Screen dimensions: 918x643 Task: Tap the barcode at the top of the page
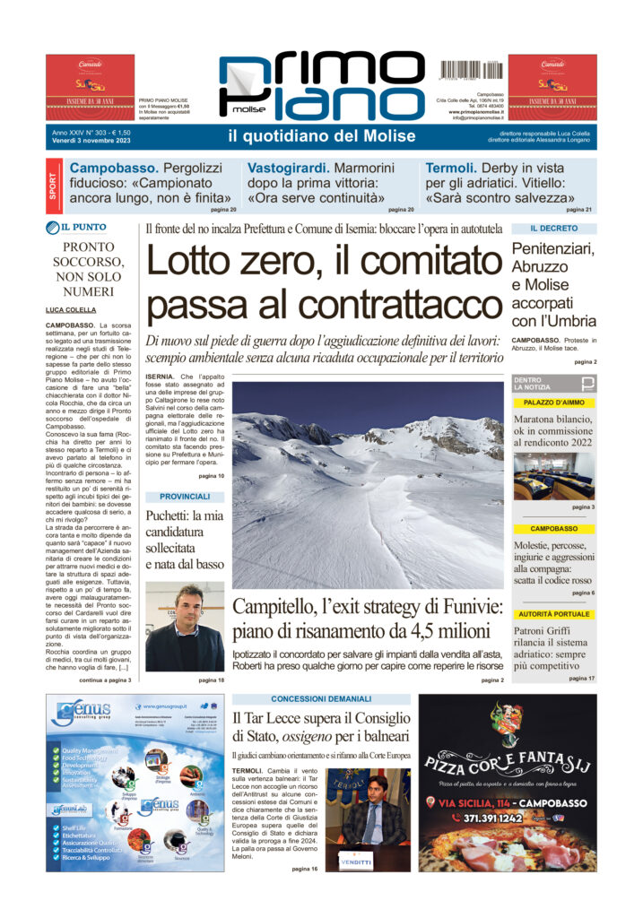[x=472, y=69]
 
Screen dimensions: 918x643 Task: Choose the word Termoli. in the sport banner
[x=455, y=169]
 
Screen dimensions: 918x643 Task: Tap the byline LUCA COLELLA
[x=71, y=309]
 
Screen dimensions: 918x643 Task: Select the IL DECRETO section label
[x=553, y=229]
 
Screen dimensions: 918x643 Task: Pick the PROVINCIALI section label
[x=185, y=496]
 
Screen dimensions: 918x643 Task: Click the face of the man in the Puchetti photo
[x=189, y=603]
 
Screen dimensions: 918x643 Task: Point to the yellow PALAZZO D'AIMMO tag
[x=553, y=403]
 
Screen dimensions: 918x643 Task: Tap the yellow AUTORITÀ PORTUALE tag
[x=553, y=614]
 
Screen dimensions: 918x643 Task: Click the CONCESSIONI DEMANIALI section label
[x=321, y=698]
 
